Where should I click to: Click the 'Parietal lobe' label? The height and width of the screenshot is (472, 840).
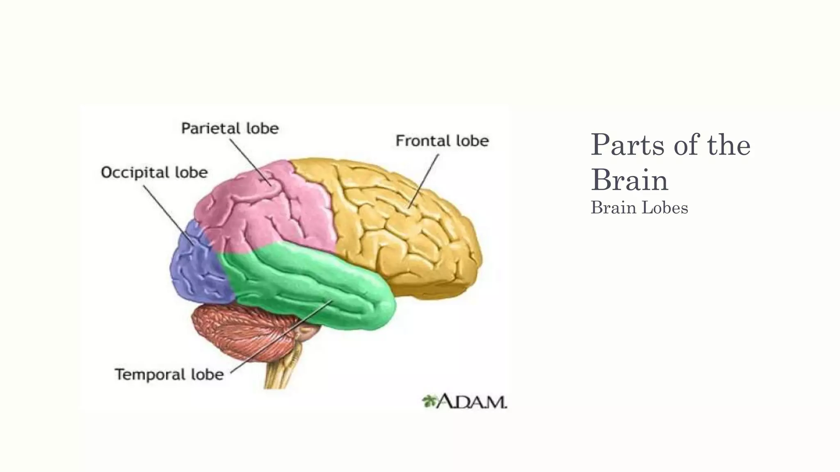[230, 129]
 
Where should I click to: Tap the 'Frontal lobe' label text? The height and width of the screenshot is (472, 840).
[442, 141]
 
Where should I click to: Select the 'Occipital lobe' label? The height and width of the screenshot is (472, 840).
[154, 172]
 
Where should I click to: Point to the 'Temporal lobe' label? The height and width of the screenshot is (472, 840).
[169, 374]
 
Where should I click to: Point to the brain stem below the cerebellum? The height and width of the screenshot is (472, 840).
[283, 373]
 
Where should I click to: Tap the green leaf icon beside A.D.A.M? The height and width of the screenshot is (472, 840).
[429, 401]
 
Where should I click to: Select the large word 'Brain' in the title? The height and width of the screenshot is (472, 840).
[629, 180]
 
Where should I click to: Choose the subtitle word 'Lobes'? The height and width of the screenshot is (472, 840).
[664, 208]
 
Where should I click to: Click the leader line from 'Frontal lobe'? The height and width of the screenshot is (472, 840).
[424, 180]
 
